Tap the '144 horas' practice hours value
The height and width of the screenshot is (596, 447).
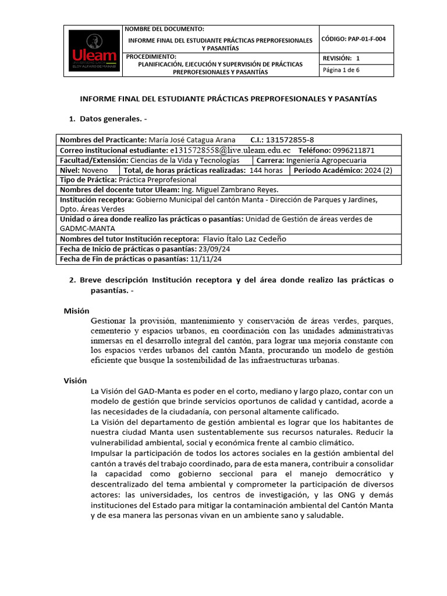(x=266, y=170)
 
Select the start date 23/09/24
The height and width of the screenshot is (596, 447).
(x=207, y=249)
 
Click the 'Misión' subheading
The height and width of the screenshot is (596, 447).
(x=76, y=311)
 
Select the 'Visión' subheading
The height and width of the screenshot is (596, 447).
(x=75, y=380)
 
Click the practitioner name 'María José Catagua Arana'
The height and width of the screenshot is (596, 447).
(x=192, y=140)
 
